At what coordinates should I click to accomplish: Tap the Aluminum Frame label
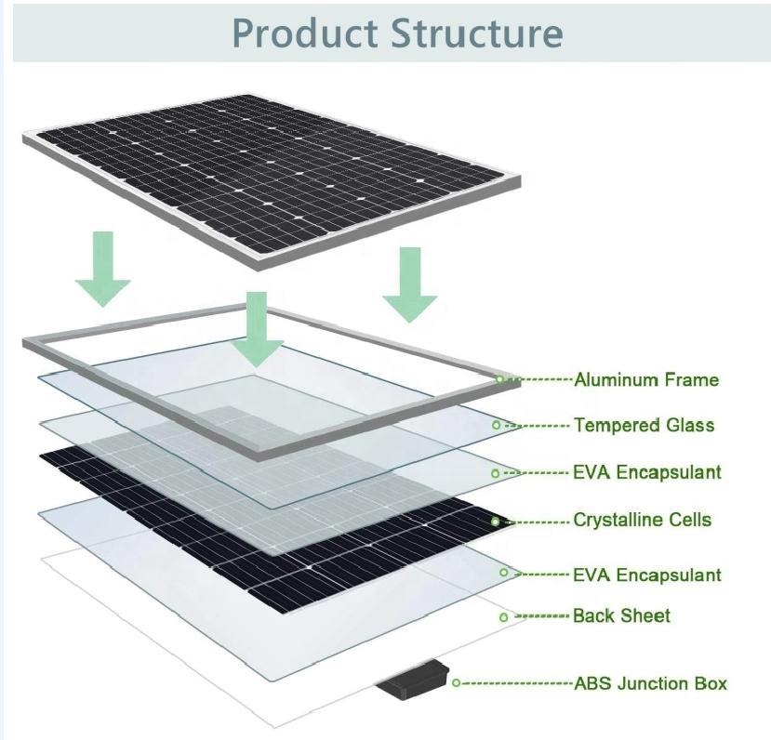point(646,379)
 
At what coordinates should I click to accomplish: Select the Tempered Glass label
point(644,426)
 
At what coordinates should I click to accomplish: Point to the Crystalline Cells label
point(642,520)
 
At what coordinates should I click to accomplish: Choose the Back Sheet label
point(621,615)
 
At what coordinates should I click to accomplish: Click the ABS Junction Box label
point(650,683)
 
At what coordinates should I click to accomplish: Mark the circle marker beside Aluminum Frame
point(499,379)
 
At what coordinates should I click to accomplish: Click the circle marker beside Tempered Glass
point(496,425)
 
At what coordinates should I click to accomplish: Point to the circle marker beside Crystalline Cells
point(495,522)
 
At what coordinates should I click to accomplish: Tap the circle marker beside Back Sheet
point(503,616)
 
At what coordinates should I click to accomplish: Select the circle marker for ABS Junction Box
point(456,683)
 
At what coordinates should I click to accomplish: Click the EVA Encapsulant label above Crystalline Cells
point(646,472)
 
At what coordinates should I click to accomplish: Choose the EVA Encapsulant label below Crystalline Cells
point(646,575)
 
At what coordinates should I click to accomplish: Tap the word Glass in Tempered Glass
point(690,426)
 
